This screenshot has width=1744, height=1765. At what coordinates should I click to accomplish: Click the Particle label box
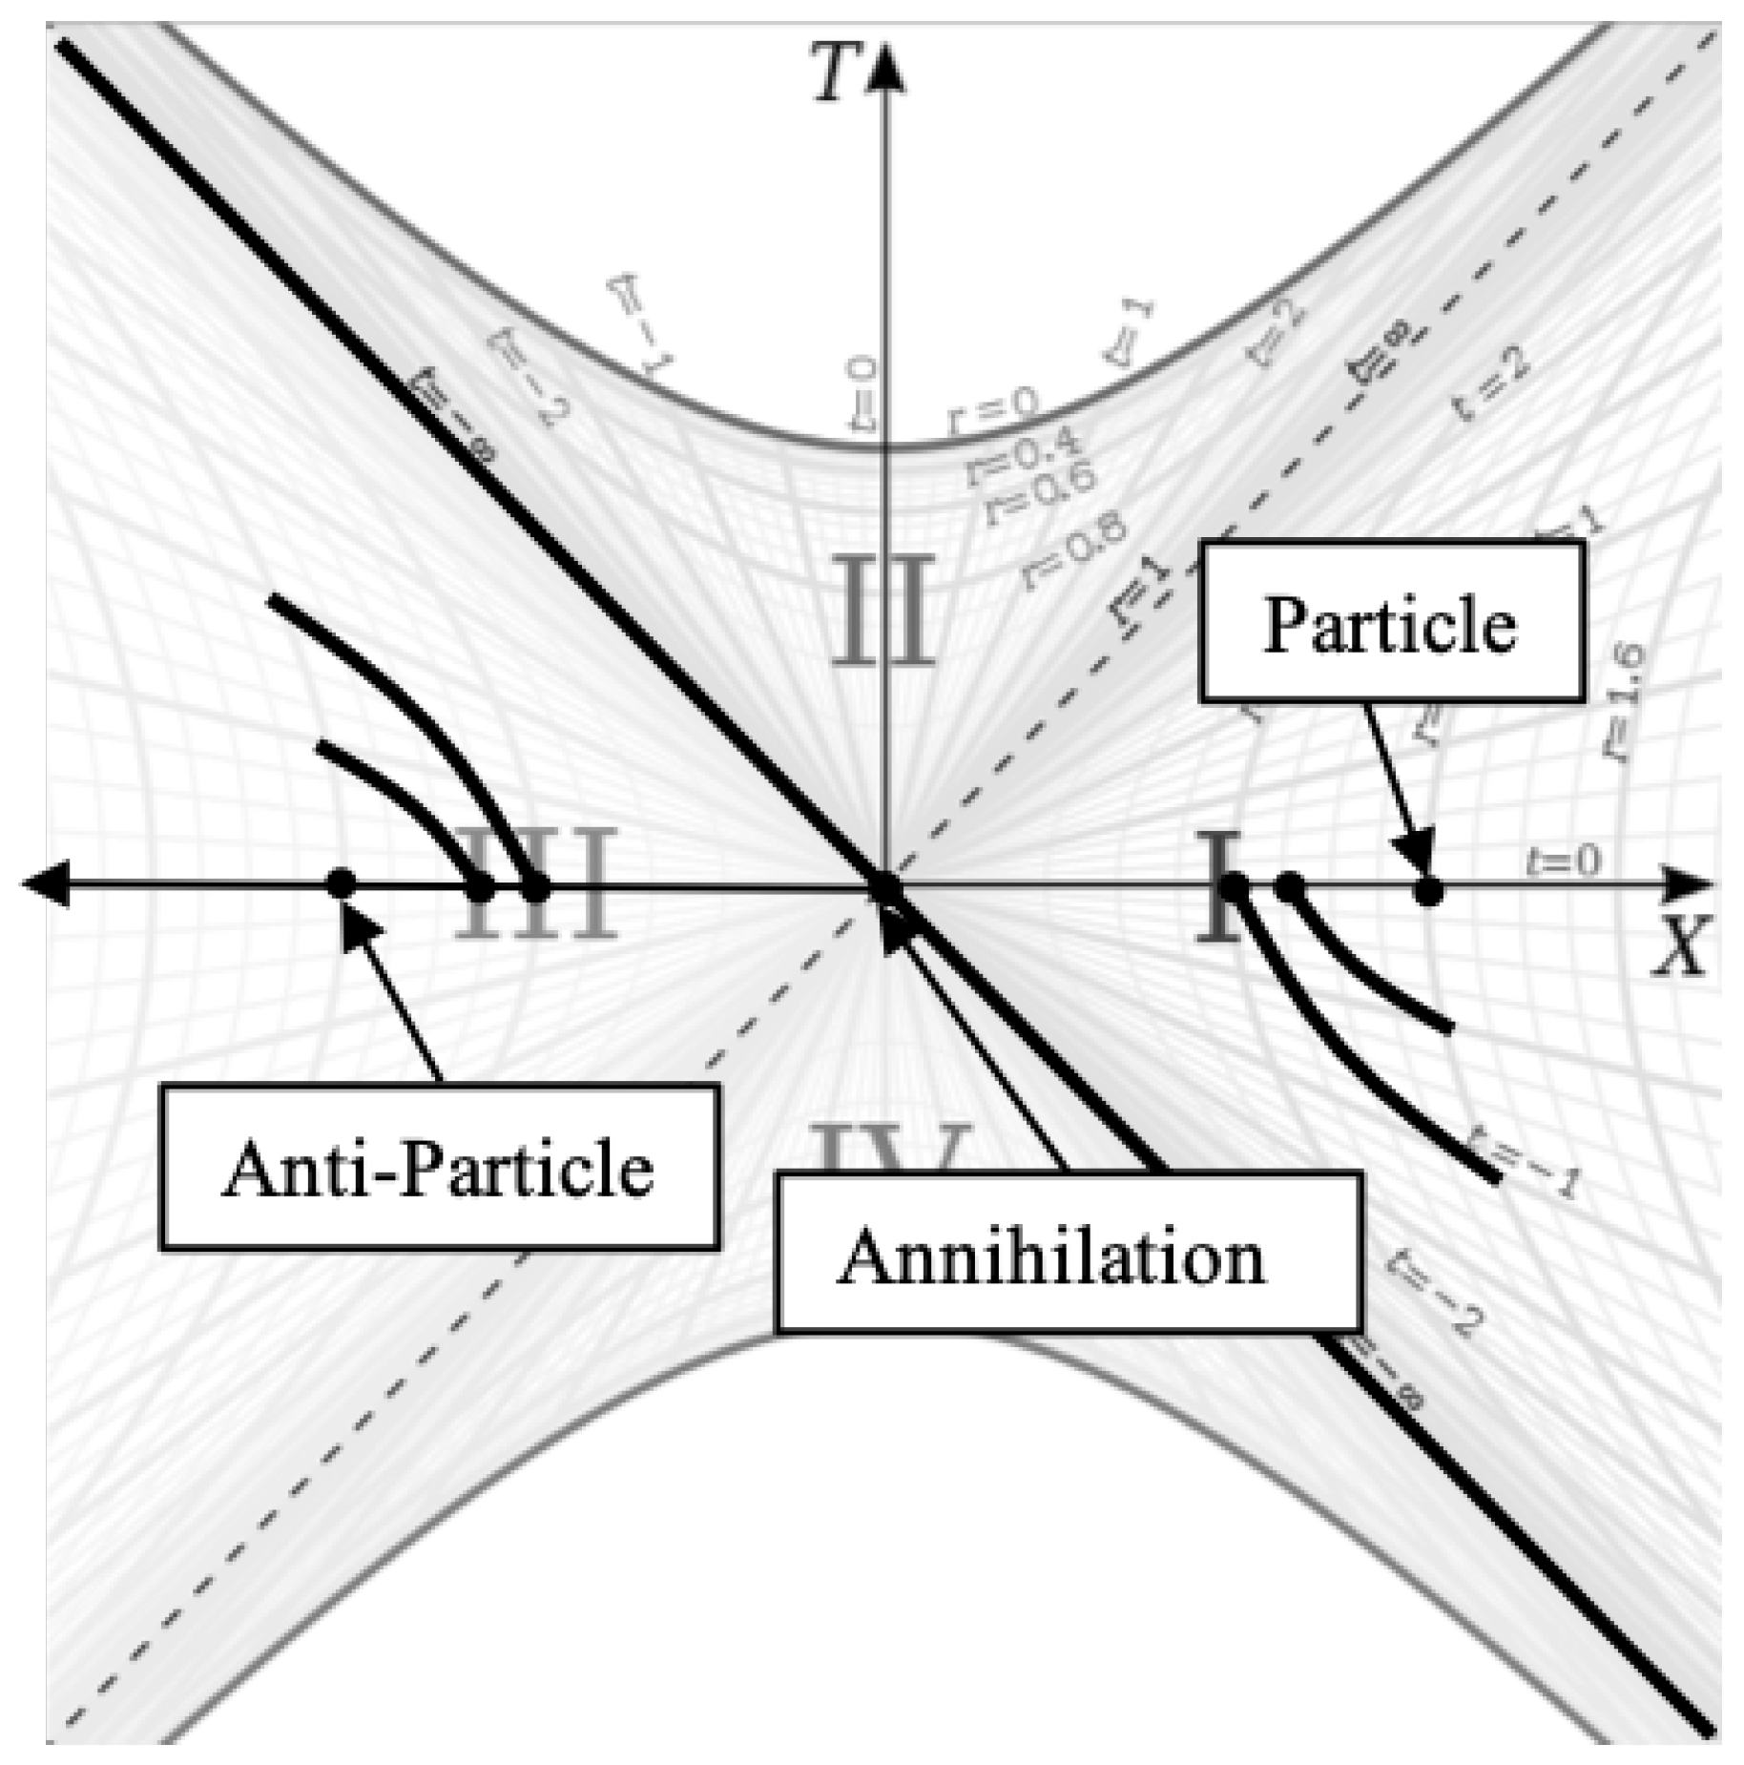coord(1392,622)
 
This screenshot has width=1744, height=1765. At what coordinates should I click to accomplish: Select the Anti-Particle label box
coord(439,1168)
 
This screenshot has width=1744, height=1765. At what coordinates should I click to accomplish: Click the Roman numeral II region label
coord(880,610)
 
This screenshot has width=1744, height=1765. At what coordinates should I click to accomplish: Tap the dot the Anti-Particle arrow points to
coord(341,883)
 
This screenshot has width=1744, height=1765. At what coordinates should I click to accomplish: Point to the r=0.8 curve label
coord(1074,550)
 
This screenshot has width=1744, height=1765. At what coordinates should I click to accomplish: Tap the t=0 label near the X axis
coord(1564,860)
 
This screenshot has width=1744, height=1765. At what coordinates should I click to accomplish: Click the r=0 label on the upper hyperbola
coord(992,412)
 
